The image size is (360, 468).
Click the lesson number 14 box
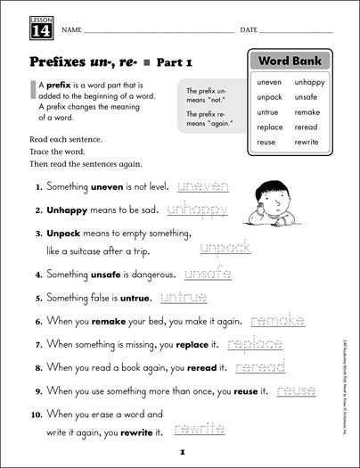(x=29, y=28)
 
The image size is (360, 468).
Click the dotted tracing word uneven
(x=204, y=186)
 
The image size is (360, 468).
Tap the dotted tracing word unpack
(x=224, y=248)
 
